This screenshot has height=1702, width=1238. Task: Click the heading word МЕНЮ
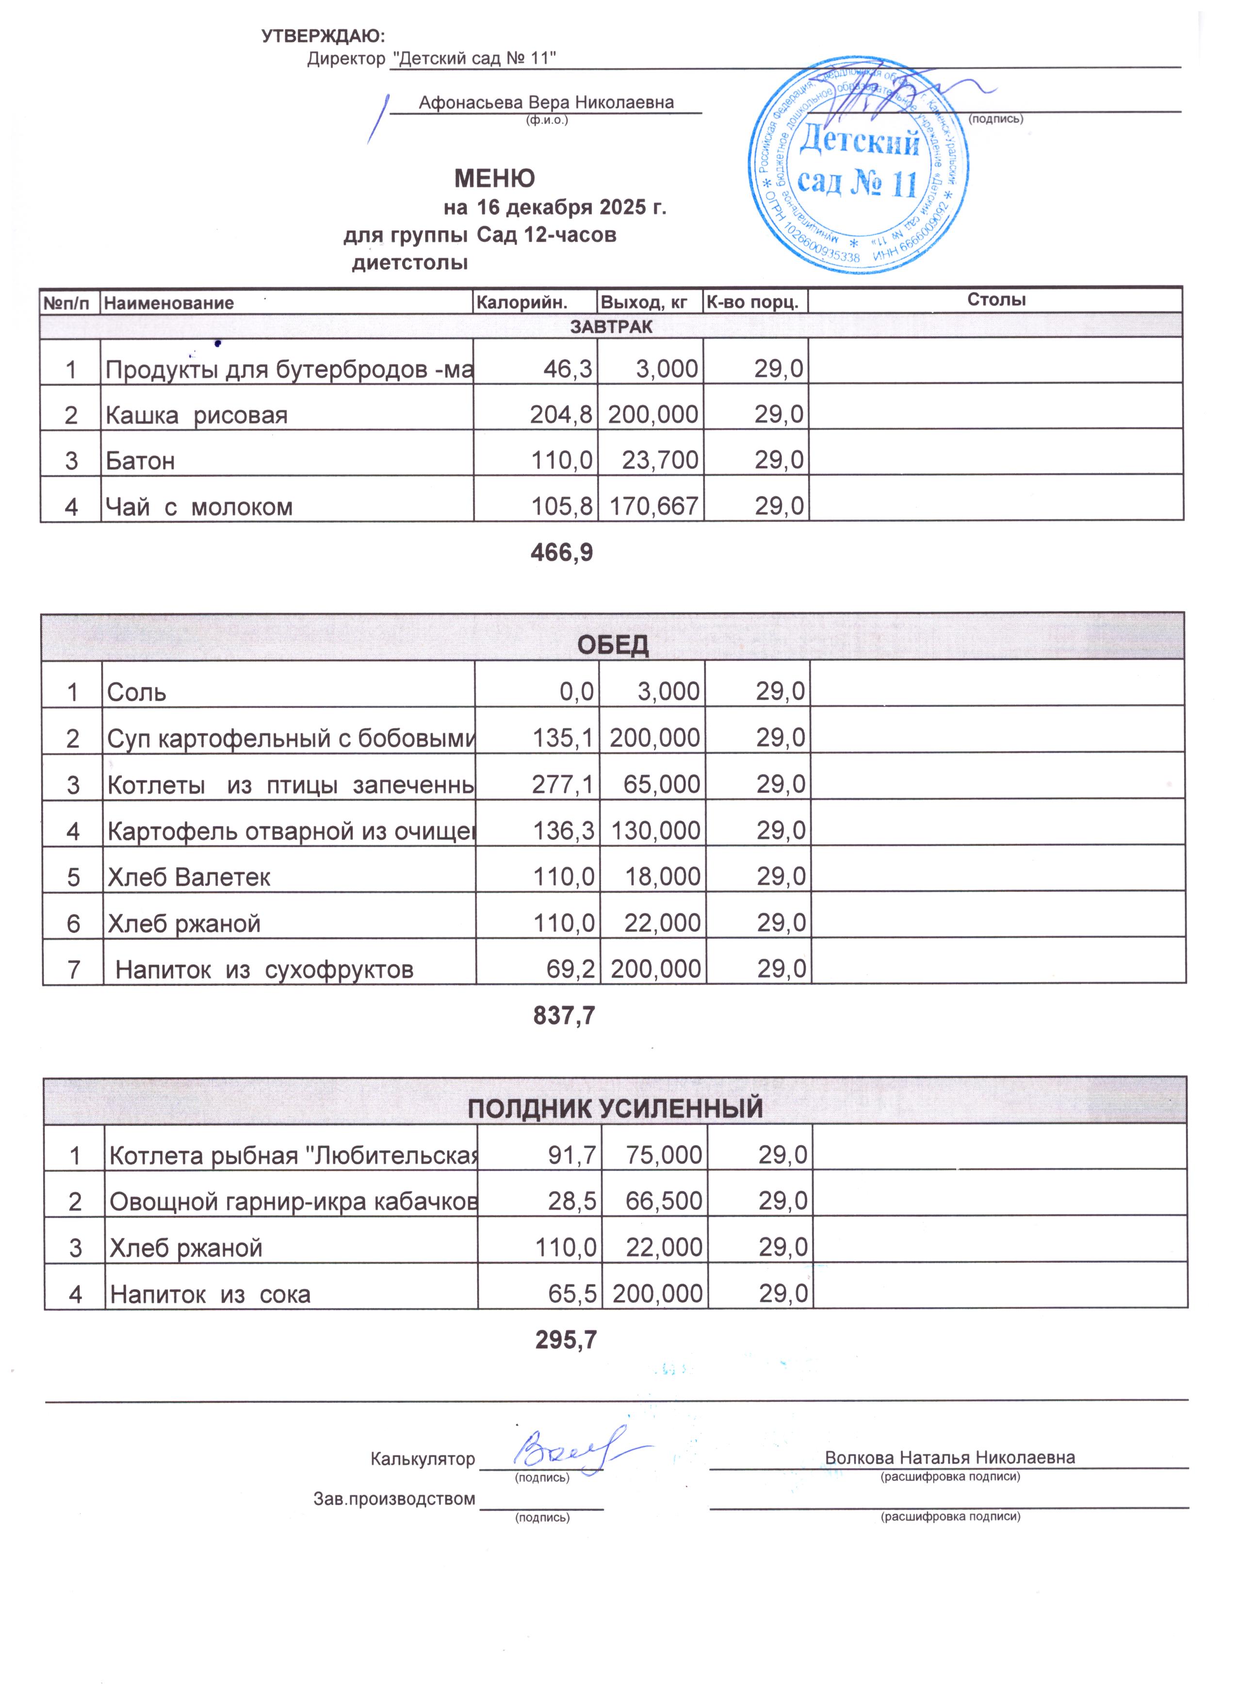(495, 178)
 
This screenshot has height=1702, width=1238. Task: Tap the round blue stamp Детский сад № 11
(857, 164)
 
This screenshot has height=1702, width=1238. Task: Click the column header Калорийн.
(522, 303)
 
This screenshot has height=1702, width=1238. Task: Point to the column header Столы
(995, 300)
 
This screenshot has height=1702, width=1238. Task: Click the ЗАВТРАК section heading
(611, 326)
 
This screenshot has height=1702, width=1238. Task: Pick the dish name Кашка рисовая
(196, 415)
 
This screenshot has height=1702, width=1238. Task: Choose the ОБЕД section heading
(613, 645)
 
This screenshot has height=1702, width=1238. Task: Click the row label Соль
(137, 692)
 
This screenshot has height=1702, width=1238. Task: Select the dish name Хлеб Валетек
(189, 877)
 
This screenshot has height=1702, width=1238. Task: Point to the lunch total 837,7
(564, 1016)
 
